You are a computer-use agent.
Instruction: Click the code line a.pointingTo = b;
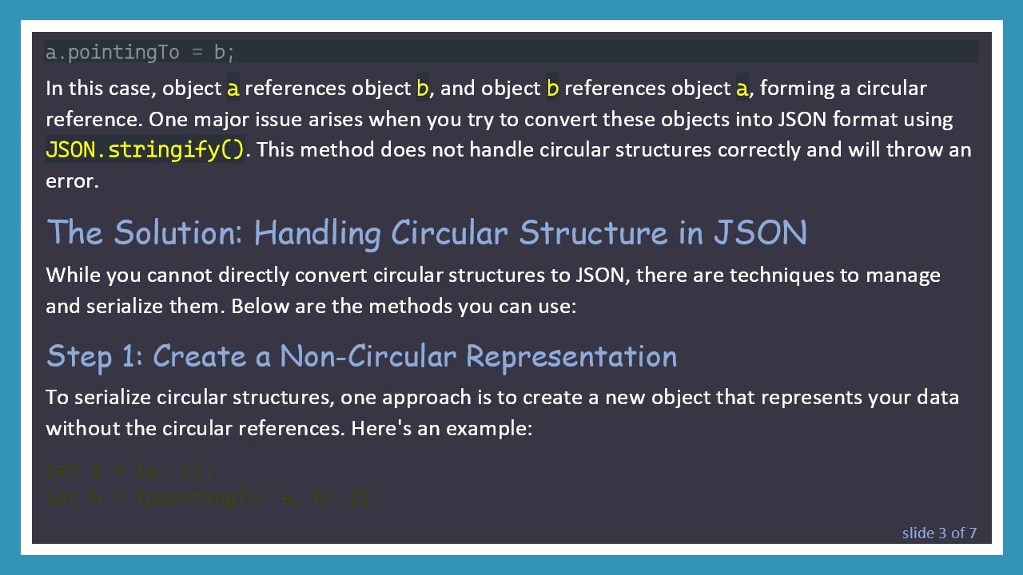[141, 53]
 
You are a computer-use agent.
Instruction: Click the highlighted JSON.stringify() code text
[145, 150]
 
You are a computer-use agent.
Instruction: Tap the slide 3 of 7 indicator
[939, 533]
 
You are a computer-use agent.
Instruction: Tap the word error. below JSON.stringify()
[72, 181]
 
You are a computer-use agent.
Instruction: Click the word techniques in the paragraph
[778, 275]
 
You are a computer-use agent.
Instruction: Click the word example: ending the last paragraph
[489, 428]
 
